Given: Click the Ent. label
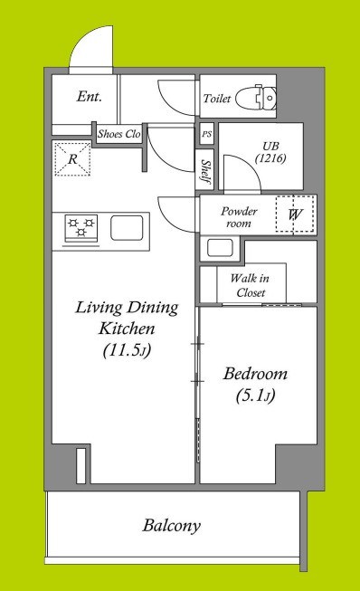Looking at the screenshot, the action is pyautogui.click(x=90, y=97).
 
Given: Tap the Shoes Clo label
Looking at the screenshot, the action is pyautogui.click(x=119, y=134).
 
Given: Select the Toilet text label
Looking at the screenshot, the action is pyautogui.click(x=217, y=99).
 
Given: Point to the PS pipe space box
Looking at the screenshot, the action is pyautogui.click(x=207, y=134).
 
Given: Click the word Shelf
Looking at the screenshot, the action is pyautogui.click(x=206, y=172).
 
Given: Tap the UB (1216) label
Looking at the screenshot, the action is pyautogui.click(x=270, y=152).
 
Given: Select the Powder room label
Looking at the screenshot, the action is pyautogui.click(x=239, y=216).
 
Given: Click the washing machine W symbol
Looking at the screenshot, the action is pyautogui.click(x=295, y=214).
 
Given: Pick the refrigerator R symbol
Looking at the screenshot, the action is pyautogui.click(x=72, y=158).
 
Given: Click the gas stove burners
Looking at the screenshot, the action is pyautogui.click(x=81, y=228).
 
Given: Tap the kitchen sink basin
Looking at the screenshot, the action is pyautogui.click(x=127, y=228).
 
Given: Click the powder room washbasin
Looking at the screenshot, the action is pyautogui.click(x=221, y=248).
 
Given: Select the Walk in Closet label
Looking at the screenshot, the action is pyautogui.click(x=250, y=285).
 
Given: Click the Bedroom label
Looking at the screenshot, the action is pyautogui.click(x=255, y=374).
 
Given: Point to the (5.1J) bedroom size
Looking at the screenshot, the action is pyautogui.click(x=255, y=396).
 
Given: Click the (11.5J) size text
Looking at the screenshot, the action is pyautogui.click(x=127, y=350).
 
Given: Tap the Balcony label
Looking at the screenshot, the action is pyautogui.click(x=171, y=525).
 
